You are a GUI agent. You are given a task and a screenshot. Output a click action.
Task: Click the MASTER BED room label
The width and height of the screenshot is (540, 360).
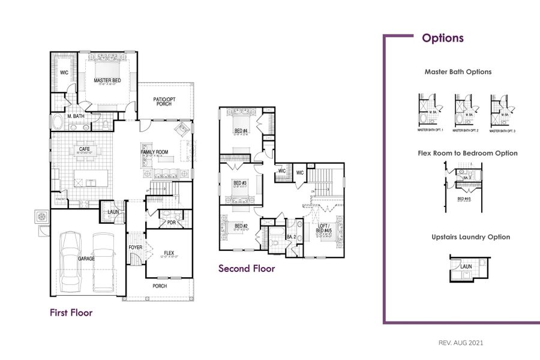click(x=107, y=80)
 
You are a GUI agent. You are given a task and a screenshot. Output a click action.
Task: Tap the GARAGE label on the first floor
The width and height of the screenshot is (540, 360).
click(x=86, y=259)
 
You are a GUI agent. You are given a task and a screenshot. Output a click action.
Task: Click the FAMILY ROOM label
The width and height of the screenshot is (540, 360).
click(x=154, y=152)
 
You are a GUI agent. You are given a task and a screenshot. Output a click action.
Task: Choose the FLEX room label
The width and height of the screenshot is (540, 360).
click(x=169, y=253)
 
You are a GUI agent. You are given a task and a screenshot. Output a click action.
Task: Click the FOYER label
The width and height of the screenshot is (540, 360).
click(x=135, y=247)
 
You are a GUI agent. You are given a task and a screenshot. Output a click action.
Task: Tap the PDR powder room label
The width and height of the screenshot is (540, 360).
click(x=171, y=223)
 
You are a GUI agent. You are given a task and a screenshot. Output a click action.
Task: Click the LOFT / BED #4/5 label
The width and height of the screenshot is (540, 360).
click(x=324, y=229)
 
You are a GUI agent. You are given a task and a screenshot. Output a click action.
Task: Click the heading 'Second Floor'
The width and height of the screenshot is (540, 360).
click(x=247, y=268)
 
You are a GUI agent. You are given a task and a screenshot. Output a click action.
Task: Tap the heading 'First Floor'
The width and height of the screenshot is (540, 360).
click(x=71, y=313)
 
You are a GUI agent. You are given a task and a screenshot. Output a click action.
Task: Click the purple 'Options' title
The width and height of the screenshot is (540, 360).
click(x=443, y=38)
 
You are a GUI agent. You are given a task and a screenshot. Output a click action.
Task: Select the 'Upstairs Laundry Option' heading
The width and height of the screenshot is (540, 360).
click(x=470, y=237)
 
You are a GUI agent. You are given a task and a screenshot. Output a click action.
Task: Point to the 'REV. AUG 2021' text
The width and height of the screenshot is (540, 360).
click(x=461, y=343)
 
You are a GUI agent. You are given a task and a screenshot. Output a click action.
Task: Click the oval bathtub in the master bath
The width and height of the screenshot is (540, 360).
click(x=58, y=123)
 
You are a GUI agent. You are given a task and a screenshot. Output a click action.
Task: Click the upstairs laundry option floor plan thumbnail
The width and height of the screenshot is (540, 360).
click(x=469, y=268)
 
